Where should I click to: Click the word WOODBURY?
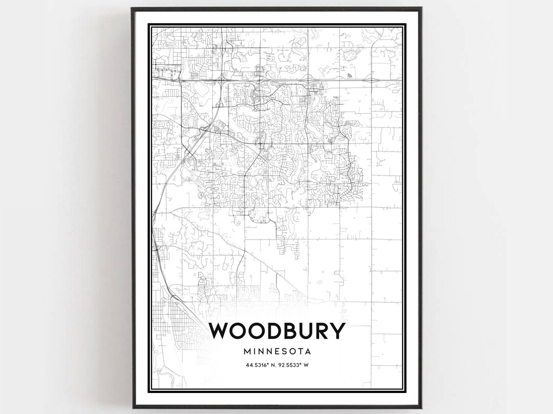tap(277, 331)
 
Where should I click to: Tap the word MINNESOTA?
tap(277, 352)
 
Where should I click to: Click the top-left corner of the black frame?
tap(132, 8)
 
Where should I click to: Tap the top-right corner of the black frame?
tap(421, 8)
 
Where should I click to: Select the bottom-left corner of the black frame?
tap(132, 406)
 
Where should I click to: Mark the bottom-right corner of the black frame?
tap(421, 406)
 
